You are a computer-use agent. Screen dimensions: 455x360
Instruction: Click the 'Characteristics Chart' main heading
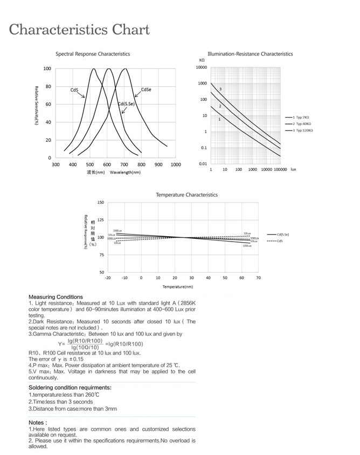point(79,29)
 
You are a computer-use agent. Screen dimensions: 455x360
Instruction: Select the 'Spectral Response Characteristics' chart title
point(93,54)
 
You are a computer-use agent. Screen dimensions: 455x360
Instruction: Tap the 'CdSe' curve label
point(146,89)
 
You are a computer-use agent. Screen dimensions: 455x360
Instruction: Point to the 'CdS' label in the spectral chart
point(74,90)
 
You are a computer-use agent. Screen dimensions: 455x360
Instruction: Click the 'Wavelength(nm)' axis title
point(125,173)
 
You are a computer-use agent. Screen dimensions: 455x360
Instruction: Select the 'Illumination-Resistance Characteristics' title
point(250,54)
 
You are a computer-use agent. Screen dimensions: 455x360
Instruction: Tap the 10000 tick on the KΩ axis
point(202,67)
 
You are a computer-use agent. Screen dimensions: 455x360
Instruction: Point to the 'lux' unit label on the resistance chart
point(293,169)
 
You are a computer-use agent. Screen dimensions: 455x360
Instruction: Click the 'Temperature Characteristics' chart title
point(186,195)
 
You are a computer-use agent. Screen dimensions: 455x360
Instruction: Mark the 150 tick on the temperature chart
point(101,203)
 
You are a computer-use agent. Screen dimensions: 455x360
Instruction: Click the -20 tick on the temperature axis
point(107,278)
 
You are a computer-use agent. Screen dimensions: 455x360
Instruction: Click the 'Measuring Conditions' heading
point(56,297)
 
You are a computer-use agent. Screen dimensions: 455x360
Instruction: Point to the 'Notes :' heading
point(38,423)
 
